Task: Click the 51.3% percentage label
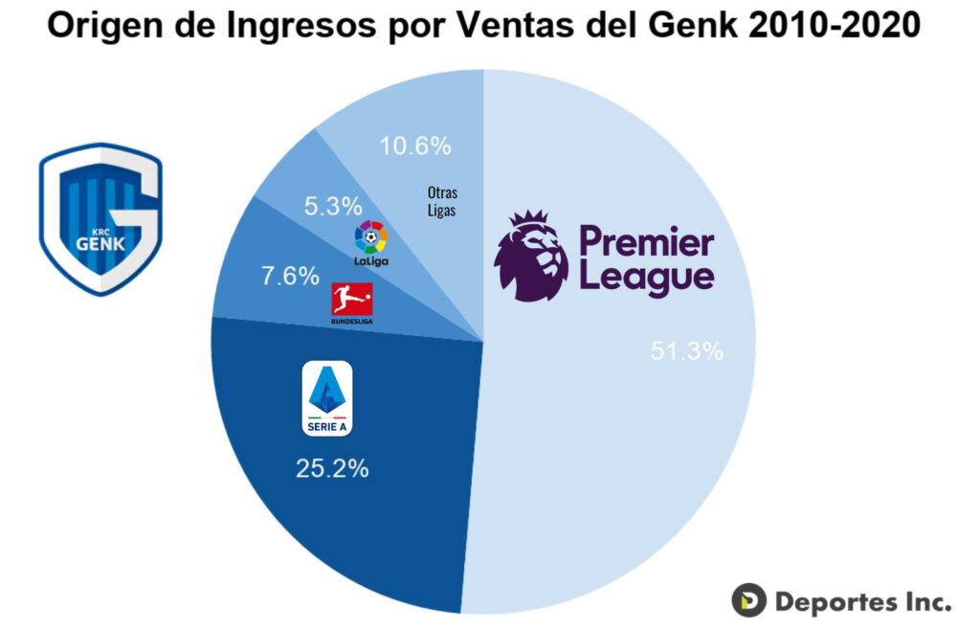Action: (686, 351)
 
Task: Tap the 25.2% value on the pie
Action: (332, 469)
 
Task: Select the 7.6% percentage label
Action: (289, 276)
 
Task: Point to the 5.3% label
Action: (332, 206)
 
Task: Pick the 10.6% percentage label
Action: (414, 146)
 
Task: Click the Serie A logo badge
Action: (327, 400)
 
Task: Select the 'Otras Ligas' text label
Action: (442, 201)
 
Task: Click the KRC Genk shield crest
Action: (100, 218)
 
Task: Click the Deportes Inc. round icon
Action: (749, 600)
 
